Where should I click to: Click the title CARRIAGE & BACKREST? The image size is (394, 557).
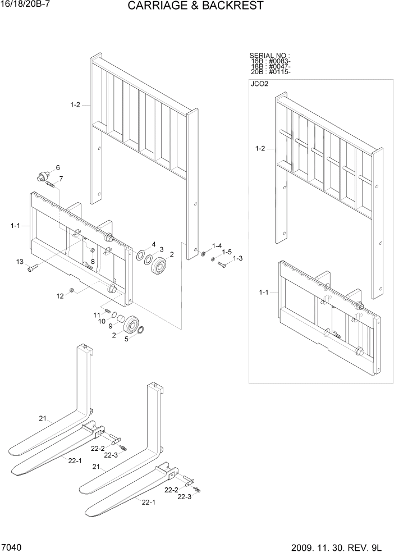195,6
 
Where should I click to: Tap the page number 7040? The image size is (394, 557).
12,547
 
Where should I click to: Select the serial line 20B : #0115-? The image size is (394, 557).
271,72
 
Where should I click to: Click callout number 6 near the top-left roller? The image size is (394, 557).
57,168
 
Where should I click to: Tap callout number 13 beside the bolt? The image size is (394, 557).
20,262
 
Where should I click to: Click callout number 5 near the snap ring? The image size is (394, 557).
126,338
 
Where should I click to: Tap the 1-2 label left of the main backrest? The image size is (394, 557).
75,104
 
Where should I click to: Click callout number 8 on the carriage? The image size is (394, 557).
93,262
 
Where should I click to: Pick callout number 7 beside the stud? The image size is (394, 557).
61,179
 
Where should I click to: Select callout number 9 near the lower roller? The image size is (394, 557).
111,326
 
